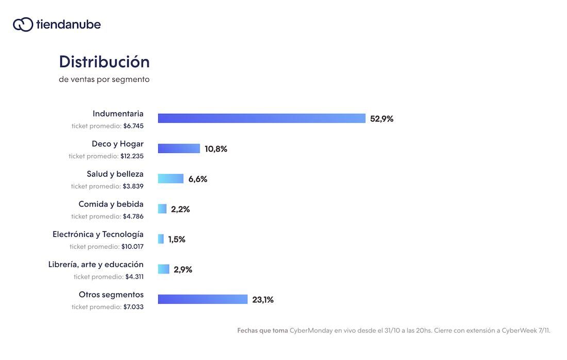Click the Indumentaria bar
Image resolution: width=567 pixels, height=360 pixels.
[x=261, y=118]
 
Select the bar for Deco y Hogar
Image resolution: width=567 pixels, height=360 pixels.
[x=179, y=148]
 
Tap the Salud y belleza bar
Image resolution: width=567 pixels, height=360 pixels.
[x=171, y=179]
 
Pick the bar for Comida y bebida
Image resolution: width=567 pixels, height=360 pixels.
[x=162, y=209]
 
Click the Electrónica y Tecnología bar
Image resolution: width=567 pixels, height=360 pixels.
[x=161, y=239]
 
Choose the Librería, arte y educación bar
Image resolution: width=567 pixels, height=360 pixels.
[x=163, y=269]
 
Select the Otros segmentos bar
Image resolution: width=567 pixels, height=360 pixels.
[x=203, y=299]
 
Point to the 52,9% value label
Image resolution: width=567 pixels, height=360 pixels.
[x=381, y=119]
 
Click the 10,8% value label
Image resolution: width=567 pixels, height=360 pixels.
[x=215, y=149]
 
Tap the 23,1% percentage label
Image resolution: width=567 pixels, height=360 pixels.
[x=263, y=300]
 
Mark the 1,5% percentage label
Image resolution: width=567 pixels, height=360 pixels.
[x=177, y=239]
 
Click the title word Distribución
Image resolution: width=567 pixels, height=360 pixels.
[x=104, y=62]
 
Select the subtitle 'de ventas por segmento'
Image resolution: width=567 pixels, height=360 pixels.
[x=104, y=80]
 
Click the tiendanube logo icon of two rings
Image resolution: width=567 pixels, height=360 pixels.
[x=23, y=24]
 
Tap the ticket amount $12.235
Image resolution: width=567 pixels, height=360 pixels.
[x=132, y=156]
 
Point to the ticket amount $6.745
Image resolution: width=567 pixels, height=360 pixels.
[x=134, y=126]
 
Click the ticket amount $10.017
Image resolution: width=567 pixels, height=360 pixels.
[x=132, y=247]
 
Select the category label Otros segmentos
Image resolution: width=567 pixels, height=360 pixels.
[x=111, y=295]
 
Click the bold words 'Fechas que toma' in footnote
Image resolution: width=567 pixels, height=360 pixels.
[x=262, y=331]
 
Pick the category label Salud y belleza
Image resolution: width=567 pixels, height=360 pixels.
[x=115, y=174]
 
